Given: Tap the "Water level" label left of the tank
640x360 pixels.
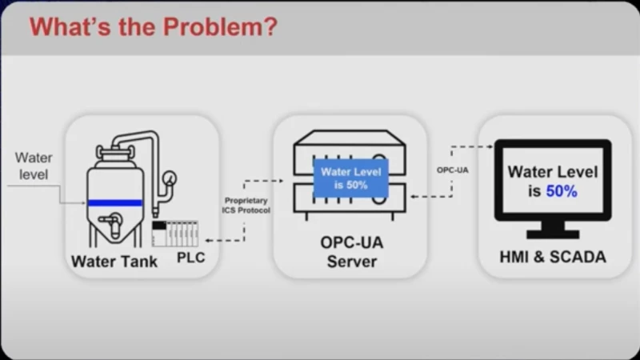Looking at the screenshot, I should [x=34, y=166].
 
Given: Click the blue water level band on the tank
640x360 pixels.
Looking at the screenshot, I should [x=115, y=203].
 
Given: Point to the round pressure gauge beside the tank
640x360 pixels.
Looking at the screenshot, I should [x=170, y=178].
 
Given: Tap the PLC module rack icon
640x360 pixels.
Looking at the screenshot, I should [x=174, y=233].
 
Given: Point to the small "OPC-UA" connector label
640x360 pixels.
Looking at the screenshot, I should [x=452, y=170].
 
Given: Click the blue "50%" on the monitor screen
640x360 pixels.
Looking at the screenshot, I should [x=562, y=191].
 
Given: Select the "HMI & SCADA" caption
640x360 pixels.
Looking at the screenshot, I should [x=554, y=257].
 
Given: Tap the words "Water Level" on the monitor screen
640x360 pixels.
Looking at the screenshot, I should [x=553, y=171].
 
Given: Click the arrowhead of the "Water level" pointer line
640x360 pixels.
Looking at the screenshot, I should [x=84, y=203].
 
